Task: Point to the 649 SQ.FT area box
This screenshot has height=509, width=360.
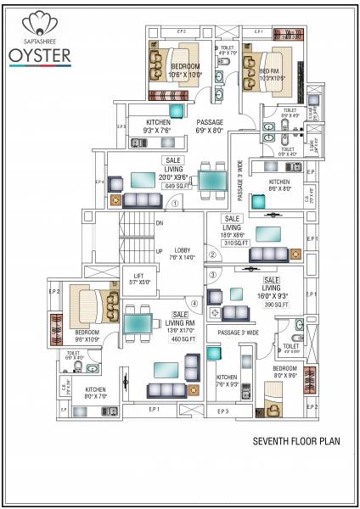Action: click(x=173, y=185)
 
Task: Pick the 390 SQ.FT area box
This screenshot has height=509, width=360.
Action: click(x=275, y=304)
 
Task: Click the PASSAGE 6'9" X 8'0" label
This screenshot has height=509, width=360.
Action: click(x=209, y=126)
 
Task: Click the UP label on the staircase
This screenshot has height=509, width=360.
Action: click(x=159, y=251)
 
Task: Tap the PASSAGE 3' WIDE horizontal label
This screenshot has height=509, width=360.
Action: click(x=238, y=333)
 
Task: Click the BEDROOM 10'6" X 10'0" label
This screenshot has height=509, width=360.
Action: click(x=185, y=70)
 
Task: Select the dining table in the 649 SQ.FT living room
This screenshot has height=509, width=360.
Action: click(x=212, y=181)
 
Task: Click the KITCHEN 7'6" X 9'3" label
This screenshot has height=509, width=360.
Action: click(x=228, y=380)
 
